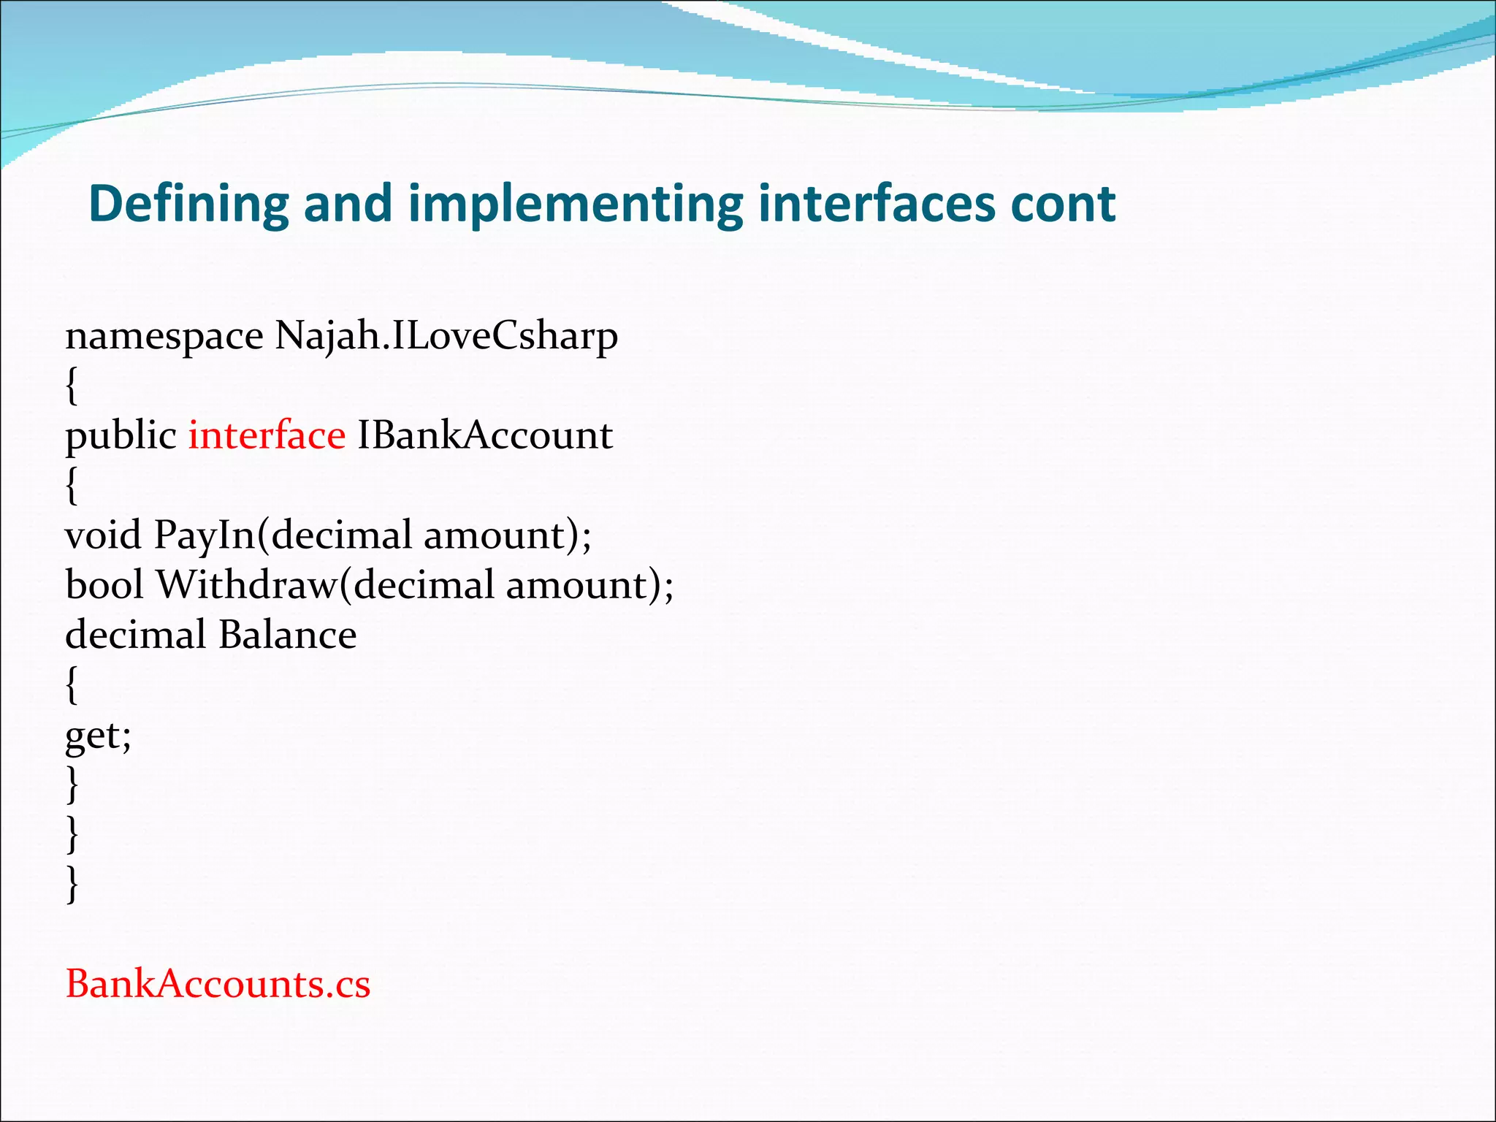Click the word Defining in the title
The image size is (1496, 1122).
[x=188, y=204]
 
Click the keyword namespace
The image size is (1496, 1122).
[x=164, y=337]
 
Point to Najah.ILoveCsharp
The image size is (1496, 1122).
[x=446, y=337]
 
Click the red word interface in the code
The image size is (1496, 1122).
[x=267, y=436]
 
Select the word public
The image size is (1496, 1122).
[x=121, y=436]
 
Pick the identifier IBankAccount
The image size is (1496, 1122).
[x=484, y=436]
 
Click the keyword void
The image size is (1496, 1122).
[x=103, y=535]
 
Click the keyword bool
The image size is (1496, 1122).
[x=104, y=585]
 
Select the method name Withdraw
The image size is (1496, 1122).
[x=246, y=585]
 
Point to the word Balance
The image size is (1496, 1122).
[x=287, y=635]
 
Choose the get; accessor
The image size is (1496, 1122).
[x=98, y=736]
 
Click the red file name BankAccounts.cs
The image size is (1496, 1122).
[x=218, y=984]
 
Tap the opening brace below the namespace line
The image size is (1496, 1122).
[x=72, y=386]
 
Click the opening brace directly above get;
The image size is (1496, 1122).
[x=72, y=684]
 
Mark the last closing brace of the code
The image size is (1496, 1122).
[x=72, y=884]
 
